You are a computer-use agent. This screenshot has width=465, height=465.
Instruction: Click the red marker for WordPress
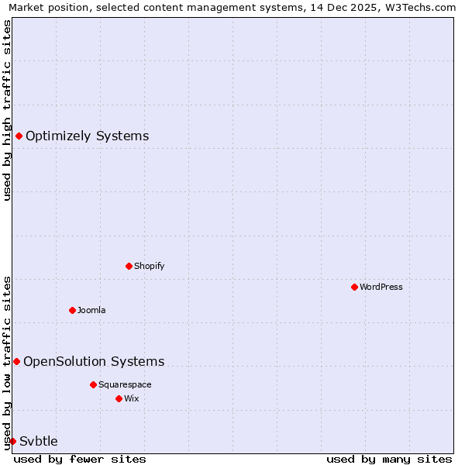[354, 287]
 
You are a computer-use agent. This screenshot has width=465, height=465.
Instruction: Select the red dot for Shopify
[129, 266]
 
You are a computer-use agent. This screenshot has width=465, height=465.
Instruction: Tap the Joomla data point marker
[72, 310]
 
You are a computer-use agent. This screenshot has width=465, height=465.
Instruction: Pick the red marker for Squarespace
[93, 384]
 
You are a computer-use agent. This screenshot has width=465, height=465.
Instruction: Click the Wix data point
[119, 398]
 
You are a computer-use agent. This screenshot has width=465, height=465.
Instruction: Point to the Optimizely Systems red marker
[19, 136]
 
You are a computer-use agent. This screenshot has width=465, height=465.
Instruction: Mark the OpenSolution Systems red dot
[16, 361]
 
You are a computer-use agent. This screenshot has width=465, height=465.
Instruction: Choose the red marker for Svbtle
[12, 441]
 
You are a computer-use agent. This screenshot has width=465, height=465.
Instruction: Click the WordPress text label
[381, 287]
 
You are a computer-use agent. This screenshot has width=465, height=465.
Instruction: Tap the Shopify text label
[149, 266]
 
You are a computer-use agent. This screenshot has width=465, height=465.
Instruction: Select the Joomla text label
[91, 310]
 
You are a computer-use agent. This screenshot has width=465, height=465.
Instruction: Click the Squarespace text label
[125, 384]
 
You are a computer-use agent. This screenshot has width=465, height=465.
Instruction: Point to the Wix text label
[131, 398]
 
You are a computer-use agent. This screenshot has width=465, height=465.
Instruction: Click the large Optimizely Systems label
[87, 136]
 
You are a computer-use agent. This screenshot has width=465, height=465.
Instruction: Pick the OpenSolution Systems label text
[94, 361]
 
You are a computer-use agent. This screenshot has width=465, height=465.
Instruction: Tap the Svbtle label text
[39, 441]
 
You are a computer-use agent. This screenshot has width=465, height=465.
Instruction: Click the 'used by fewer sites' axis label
[80, 459]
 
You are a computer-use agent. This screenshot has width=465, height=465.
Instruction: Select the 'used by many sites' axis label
[389, 459]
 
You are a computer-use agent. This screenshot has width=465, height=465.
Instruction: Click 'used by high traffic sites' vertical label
[7, 110]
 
